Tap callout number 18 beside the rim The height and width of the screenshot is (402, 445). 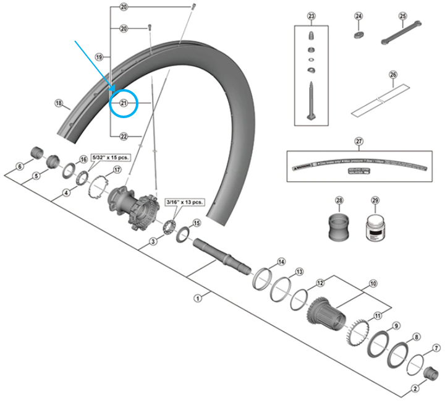59,103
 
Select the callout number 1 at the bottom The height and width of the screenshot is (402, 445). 198,298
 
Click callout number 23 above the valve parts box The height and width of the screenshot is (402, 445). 311,16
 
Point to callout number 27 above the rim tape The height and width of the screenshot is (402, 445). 359,141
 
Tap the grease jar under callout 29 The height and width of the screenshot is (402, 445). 375,228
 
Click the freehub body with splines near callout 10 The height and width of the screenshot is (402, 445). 324,309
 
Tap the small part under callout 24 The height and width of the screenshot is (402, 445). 358,35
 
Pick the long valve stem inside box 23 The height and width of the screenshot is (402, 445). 310,99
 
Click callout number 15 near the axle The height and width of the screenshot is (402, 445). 197,223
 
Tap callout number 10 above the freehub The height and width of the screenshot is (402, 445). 373,284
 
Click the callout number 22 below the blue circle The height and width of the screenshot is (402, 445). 123,136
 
